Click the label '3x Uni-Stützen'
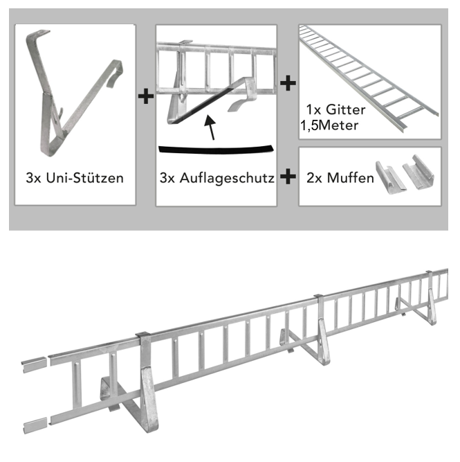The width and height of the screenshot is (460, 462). (x=74, y=178)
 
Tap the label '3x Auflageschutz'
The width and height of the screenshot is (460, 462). (x=217, y=178)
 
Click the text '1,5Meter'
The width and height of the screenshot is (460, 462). (x=329, y=125)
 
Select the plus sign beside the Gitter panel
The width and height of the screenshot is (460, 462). (x=287, y=82)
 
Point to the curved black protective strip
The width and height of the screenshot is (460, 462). (x=215, y=148)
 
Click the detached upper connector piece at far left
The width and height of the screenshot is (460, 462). (x=35, y=362)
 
